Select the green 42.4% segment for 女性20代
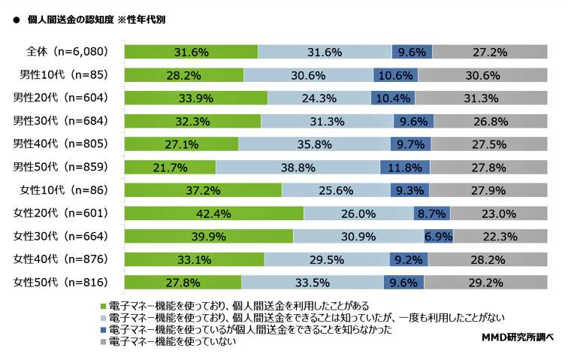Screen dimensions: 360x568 (x=213, y=213)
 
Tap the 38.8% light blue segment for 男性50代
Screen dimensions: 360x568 (x=298, y=167)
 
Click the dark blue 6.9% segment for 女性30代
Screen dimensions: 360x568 (x=438, y=237)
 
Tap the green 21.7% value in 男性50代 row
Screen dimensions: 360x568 (x=170, y=167)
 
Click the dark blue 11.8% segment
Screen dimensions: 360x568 (x=405, y=167)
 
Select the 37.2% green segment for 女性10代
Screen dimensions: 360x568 (x=202, y=190)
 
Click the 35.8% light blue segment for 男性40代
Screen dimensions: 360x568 (x=314, y=144)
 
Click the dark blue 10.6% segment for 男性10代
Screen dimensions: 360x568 (x=396, y=74)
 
